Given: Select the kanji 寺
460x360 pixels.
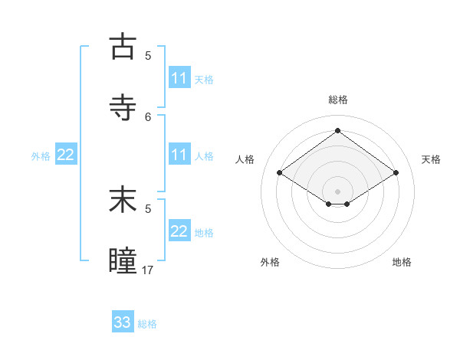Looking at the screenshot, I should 123,106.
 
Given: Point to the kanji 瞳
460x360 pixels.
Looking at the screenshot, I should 123,260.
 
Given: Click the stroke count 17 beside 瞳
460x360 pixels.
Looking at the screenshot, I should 148,270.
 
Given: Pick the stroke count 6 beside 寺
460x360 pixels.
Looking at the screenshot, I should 149,116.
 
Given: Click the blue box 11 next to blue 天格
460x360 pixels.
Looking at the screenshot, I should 179,78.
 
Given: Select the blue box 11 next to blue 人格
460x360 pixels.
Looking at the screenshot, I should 179,155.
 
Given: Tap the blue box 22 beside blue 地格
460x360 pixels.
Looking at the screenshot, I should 179,231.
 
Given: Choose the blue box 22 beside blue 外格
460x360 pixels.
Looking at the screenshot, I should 66,155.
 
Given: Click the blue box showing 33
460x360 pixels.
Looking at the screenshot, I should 123,322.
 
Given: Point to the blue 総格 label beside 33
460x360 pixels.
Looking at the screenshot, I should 147,324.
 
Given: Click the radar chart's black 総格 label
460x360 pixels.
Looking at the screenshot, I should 338,100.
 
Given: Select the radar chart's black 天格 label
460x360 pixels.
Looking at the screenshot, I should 432,159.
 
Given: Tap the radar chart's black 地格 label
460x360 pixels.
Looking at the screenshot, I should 402,262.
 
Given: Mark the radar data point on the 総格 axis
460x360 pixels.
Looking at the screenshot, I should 337,131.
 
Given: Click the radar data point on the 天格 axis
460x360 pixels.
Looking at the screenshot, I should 396,173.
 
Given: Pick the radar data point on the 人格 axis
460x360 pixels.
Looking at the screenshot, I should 280,173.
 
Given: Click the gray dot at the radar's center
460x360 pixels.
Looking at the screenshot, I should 337,191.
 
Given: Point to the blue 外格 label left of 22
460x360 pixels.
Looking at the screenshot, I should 41,156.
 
